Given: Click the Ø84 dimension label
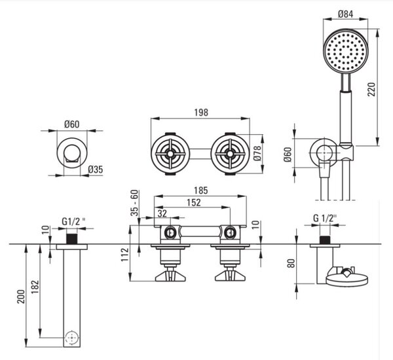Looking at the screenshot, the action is point(345,14).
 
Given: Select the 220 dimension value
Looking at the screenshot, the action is point(371,89).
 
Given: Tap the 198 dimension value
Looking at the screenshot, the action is point(201,113).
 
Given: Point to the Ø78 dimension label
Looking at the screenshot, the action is point(257,153).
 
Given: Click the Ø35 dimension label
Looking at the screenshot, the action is point(96,170).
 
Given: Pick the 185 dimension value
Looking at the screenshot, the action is point(201,190).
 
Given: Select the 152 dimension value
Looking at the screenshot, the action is point(194,202).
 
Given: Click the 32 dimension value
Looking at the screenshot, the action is point(162,213).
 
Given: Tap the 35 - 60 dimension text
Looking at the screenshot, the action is point(134,203).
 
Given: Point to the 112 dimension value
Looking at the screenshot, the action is point(125,255).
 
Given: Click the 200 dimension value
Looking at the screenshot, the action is point(21,297).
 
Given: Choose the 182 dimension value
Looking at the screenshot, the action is point(35,287).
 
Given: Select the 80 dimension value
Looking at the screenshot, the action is point(291,263).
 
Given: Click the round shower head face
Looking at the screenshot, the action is point(346,51).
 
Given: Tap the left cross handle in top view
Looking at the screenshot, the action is point(170,153).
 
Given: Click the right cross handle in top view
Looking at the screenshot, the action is point(230,153).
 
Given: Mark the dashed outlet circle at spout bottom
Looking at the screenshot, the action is point(72,338).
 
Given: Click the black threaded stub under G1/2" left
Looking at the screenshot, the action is point(71,238).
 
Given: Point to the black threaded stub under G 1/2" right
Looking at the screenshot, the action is point(325,240).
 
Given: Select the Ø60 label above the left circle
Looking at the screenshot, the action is point(71,124).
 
